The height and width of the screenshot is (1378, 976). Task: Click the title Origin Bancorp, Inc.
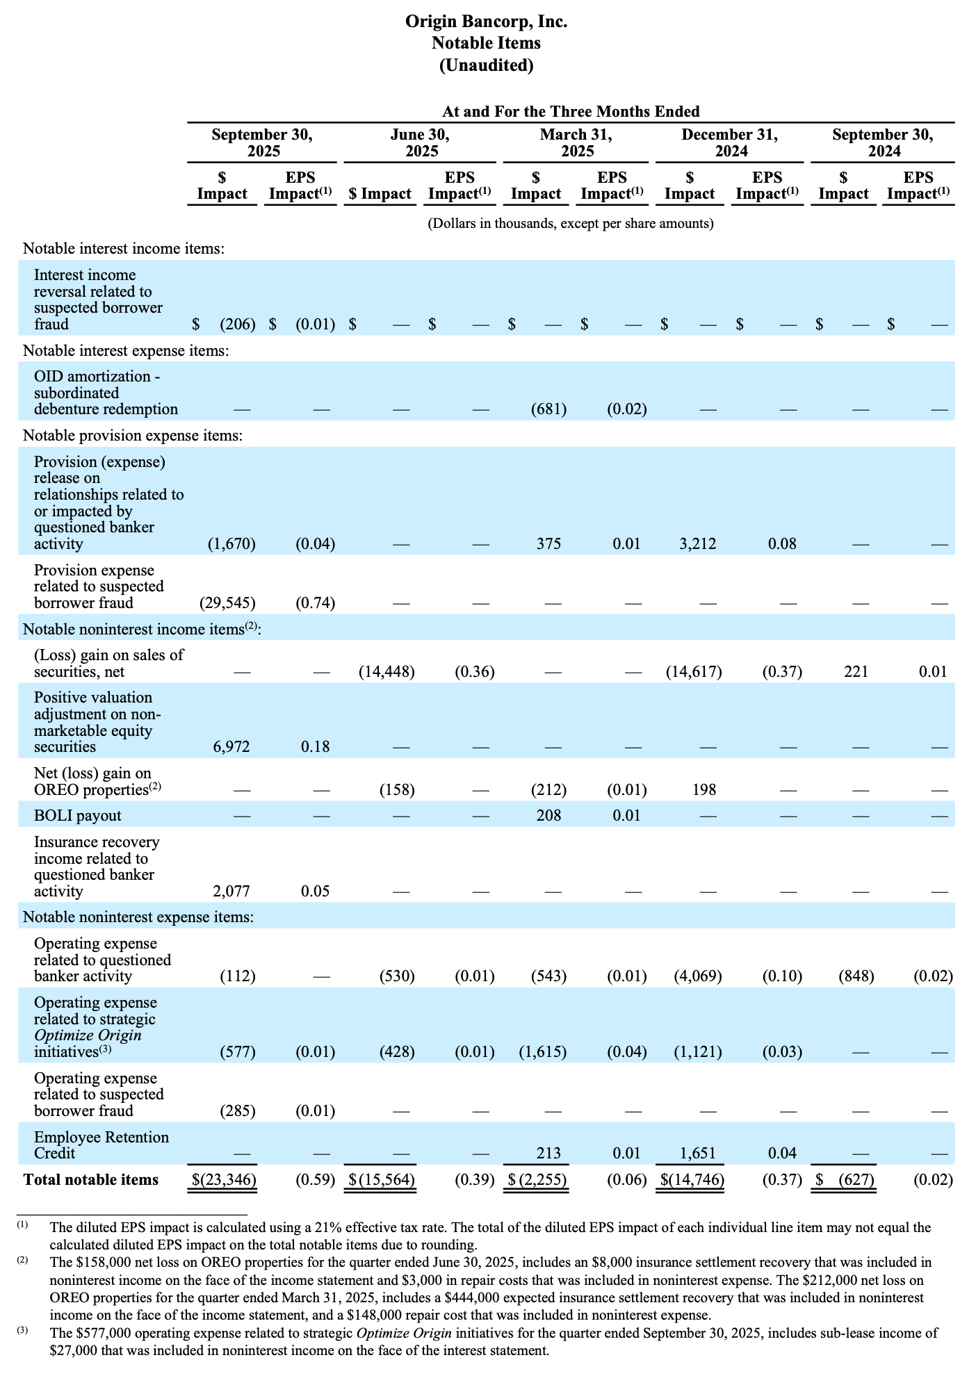(487, 22)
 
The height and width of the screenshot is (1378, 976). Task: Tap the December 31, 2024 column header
(730, 142)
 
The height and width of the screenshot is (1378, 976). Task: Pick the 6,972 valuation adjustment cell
(231, 747)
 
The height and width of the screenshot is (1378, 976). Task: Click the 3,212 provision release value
(697, 544)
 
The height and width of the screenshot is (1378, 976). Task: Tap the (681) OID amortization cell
(548, 409)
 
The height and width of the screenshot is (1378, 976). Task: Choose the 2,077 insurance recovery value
(231, 892)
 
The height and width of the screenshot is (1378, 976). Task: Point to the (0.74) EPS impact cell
(315, 603)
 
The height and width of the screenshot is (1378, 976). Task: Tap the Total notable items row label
(91, 1180)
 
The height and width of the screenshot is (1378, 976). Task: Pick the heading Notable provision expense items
(133, 436)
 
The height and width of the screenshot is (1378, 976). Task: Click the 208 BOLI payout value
(548, 816)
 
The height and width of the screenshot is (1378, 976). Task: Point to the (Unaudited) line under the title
(487, 65)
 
